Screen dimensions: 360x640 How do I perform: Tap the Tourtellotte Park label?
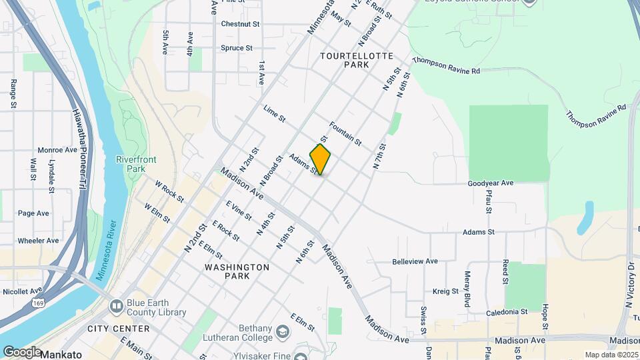(357, 61)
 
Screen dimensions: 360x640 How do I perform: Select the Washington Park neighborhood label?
(237, 271)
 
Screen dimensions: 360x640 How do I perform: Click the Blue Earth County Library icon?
(116, 307)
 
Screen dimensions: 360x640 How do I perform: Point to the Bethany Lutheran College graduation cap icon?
(283, 331)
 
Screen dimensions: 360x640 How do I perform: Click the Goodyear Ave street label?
(491, 183)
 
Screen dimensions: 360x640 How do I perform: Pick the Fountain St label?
(345, 133)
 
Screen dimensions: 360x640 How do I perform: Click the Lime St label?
(274, 114)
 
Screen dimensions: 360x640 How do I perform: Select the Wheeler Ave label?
(38, 241)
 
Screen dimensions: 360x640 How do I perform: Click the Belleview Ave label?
(415, 261)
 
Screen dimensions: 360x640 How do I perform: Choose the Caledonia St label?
(506, 311)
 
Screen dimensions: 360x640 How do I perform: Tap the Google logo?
(22, 352)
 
